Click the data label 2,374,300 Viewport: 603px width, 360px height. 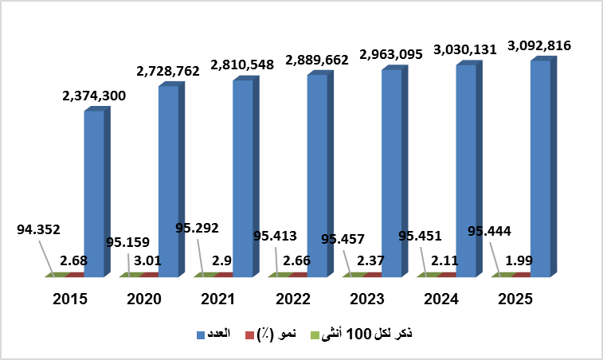coord(94,96)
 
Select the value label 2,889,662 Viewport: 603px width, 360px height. coord(315,59)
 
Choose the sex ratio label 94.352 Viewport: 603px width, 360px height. coord(38,229)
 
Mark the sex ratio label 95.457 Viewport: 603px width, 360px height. coord(336,238)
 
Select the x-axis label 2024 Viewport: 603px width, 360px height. coord(441,299)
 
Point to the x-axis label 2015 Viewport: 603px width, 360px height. coord(70,299)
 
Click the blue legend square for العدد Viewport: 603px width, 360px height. coord(201,335)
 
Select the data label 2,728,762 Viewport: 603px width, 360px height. coord(169,71)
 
